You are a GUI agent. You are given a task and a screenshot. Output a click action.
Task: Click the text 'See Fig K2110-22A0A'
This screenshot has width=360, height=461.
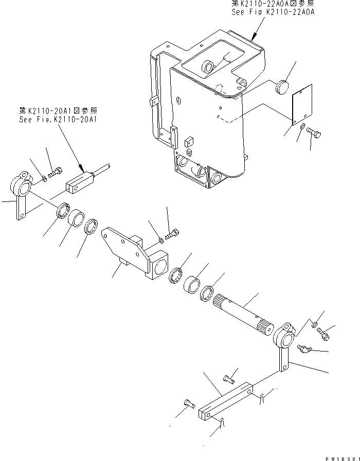(273, 13)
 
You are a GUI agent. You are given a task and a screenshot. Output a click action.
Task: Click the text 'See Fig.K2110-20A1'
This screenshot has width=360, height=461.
(58, 119)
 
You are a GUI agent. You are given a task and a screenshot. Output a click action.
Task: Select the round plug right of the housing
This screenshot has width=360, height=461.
(283, 87)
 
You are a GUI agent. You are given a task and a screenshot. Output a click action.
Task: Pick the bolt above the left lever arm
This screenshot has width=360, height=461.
(55, 171)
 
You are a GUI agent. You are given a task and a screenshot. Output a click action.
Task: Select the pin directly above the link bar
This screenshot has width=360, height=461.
(229, 380)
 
